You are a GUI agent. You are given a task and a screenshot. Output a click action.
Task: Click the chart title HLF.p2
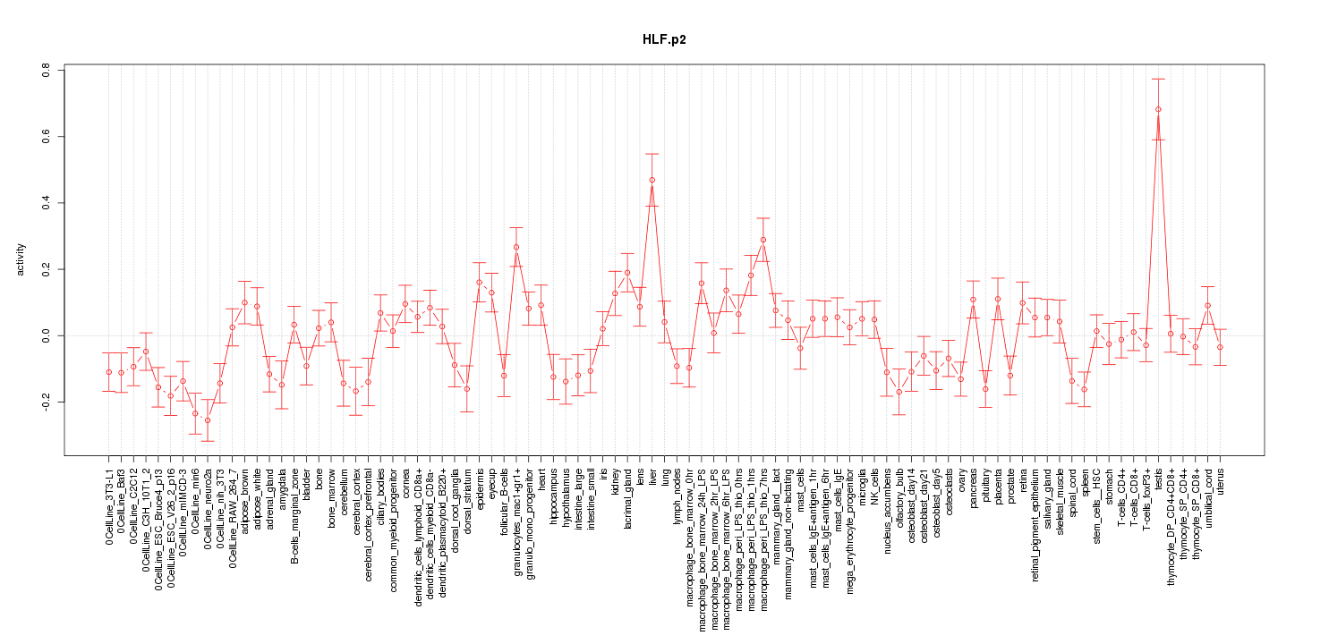[664, 40]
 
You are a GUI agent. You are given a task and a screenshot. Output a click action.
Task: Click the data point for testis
[1158, 109]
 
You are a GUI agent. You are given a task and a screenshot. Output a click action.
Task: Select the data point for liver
[652, 180]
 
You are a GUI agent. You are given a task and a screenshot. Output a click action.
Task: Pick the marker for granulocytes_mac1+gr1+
[516, 247]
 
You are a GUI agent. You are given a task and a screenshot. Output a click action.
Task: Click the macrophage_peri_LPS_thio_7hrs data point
[763, 240]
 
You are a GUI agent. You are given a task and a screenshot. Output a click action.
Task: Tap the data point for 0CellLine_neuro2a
[208, 420]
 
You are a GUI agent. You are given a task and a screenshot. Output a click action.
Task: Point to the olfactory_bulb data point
[899, 392]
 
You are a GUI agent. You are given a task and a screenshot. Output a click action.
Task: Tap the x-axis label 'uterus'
[1221, 483]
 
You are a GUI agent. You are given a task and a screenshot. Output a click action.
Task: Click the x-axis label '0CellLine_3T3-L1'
[109, 506]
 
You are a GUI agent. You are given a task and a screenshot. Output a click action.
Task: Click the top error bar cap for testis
[1158, 79]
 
